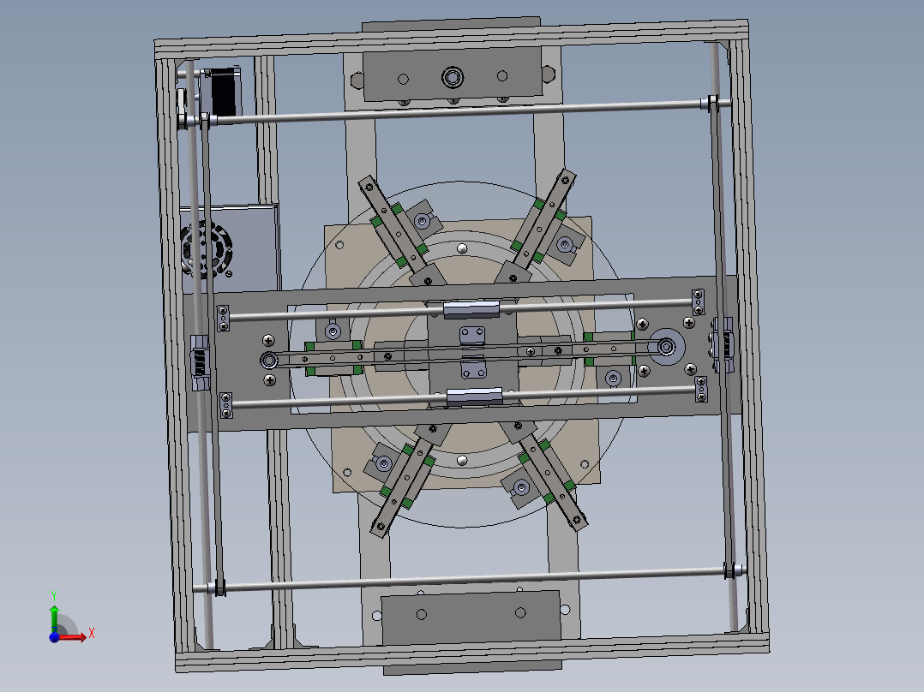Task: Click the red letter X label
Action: pos(91,634)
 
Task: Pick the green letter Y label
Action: pos(53,594)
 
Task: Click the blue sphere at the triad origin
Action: pos(54,636)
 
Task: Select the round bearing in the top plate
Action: pos(452,78)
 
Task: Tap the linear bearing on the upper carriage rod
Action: pos(471,308)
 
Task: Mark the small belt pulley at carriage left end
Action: pos(269,361)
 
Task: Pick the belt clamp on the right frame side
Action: pos(722,344)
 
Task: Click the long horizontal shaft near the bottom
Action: pos(471,579)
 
